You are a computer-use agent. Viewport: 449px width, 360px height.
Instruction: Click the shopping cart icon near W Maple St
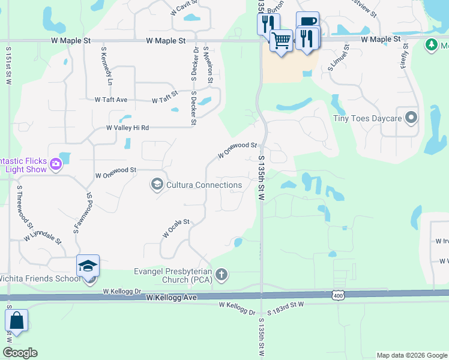(280, 41)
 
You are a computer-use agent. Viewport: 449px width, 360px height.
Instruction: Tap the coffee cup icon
(307, 23)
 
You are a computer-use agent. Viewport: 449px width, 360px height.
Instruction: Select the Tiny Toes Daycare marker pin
(411, 118)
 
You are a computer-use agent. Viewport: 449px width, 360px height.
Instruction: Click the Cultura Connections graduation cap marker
(157, 184)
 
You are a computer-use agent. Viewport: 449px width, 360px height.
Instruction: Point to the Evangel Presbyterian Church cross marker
(221, 275)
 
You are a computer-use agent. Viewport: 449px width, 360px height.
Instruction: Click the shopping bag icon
(16, 321)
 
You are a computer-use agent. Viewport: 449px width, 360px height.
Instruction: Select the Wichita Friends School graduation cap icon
(88, 266)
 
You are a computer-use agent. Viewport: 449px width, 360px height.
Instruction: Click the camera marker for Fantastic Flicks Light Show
(56, 163)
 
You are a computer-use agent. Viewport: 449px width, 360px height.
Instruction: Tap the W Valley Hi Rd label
(127, 128)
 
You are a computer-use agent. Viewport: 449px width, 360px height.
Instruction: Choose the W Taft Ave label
(111, 100)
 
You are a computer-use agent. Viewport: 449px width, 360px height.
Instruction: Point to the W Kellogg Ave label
(171, 298)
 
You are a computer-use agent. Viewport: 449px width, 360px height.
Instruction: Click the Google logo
(20, 353)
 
